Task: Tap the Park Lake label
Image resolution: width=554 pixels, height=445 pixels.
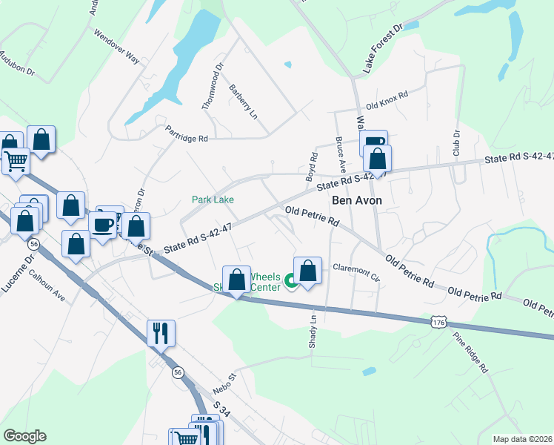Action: [213, 200]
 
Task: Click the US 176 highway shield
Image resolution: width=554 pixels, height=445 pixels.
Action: [439, 323]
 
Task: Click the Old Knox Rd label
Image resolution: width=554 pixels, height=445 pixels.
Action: [387, 100]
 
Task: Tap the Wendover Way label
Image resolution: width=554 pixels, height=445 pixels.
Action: [117, 46]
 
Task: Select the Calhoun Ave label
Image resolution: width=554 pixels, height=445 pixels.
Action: [47, 287]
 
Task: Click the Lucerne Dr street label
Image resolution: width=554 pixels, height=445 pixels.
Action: [20, 273]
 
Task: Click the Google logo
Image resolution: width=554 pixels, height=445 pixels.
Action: [25, 435]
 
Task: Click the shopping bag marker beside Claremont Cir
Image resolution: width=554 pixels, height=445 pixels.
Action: [308, 271]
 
